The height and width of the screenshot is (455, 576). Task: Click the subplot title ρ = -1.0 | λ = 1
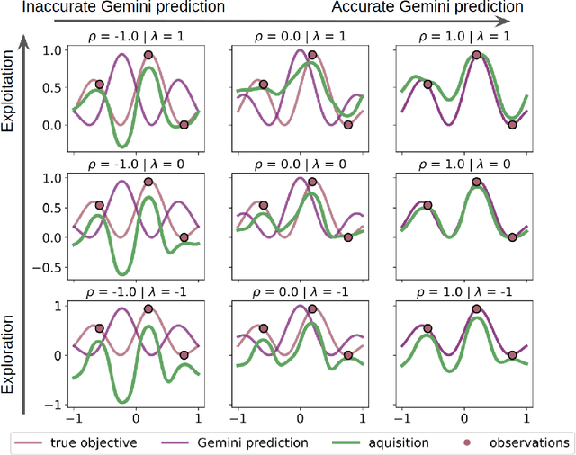tap(136, 35)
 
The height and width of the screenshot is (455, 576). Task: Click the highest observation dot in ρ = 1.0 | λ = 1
tap(476, 55)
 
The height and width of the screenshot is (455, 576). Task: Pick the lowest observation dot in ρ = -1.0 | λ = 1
tap(184, 125)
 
